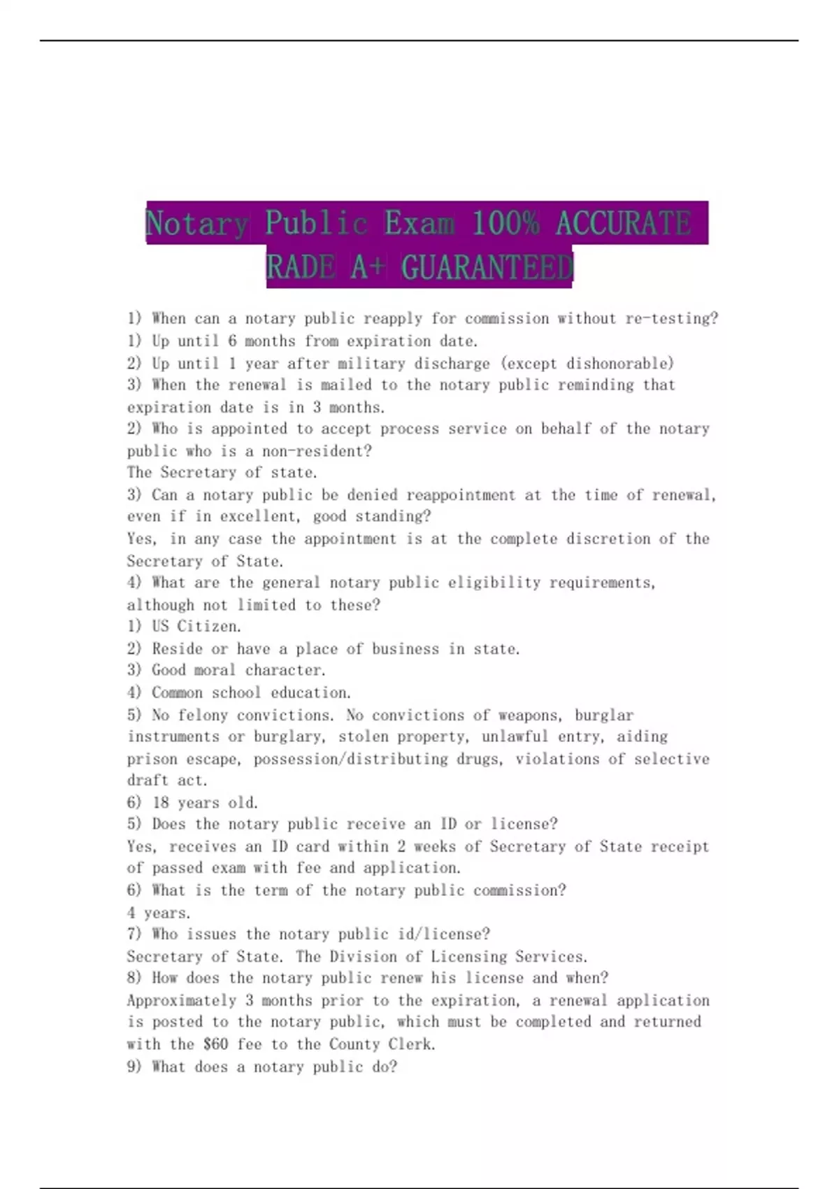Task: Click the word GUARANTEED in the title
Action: click(487, 267)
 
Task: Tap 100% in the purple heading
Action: click(505, 223)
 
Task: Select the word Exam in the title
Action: click(419, 223)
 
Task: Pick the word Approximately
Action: click(182, 1001)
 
